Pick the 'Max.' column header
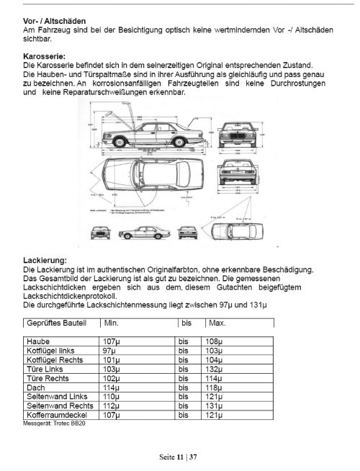click(219, 323)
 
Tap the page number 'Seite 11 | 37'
click(179, 457)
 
